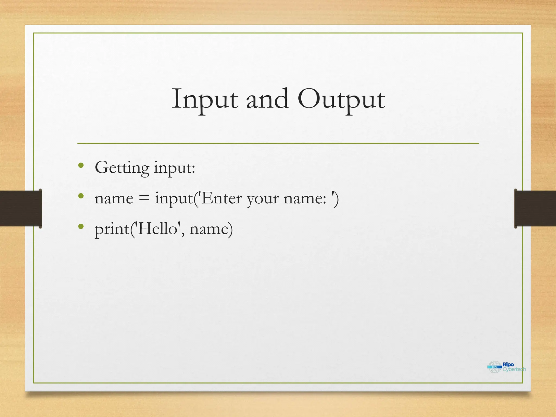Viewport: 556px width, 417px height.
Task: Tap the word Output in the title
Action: [341, 99]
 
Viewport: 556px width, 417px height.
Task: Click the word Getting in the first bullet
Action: [122, 168]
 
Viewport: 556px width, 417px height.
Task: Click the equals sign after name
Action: [144, 198]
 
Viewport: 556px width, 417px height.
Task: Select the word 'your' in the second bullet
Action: [263, 199]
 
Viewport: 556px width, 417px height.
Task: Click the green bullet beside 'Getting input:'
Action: [81, 165]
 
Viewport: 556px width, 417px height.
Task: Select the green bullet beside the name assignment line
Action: [81, 196]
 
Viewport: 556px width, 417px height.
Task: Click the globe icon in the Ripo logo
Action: [494, 367]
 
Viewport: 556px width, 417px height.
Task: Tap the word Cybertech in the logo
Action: [514, 369]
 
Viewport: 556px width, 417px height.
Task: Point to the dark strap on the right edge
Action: [535, 208]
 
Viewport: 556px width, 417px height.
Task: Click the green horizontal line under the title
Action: [278, 143]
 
